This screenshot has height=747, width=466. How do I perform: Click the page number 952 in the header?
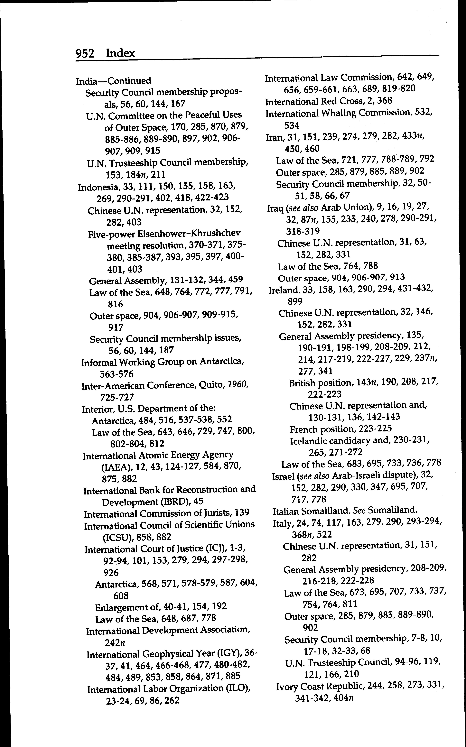pos(85,54)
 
